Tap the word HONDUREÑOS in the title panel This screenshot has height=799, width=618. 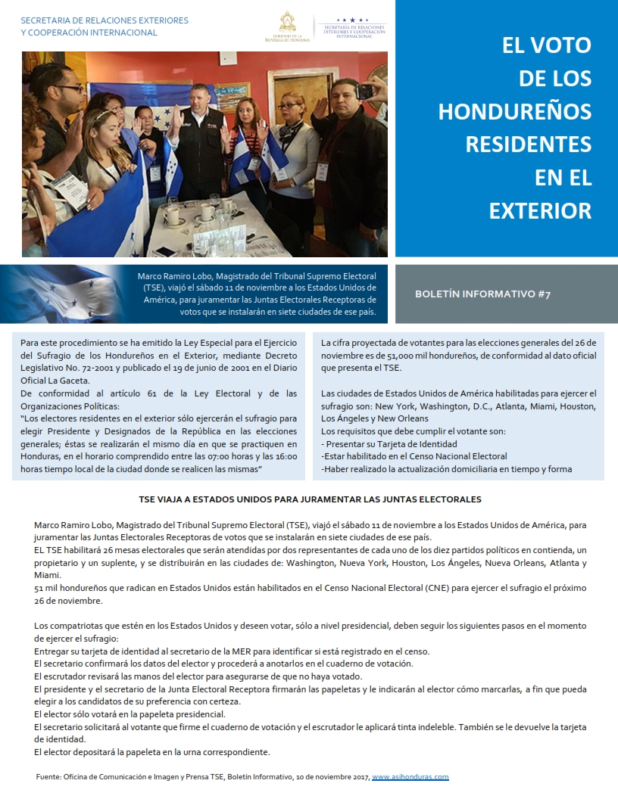515,111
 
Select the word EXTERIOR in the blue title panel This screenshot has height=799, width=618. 540,210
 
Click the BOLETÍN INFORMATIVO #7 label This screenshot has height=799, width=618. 482,294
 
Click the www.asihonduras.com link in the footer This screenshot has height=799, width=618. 410,777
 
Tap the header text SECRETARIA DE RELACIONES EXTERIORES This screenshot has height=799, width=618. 105,20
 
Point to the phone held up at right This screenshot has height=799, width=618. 364,92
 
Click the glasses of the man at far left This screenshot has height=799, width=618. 70,89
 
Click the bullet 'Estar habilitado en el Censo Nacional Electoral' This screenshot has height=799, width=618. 414,456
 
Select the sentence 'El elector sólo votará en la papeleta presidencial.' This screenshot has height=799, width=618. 130,714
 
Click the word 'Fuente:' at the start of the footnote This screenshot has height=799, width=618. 48,777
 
